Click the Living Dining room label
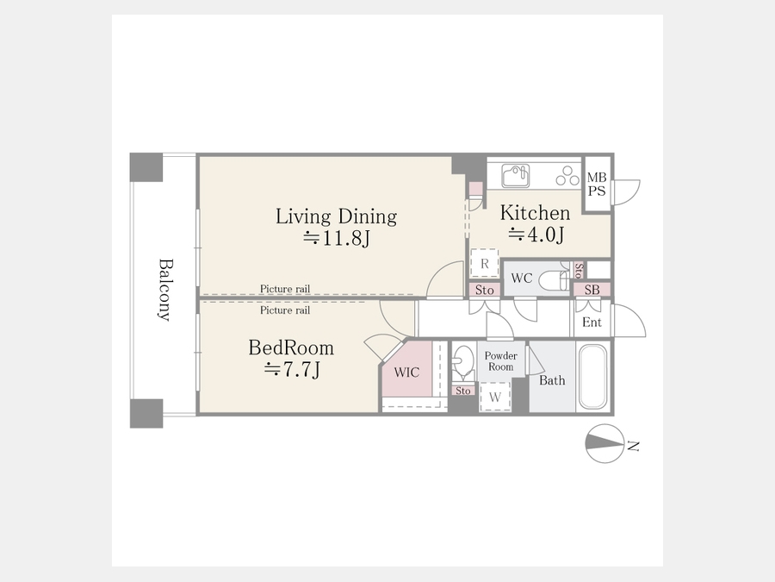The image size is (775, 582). (336, 216)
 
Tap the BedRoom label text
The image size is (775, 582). (291, 348)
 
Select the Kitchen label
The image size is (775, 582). (536, 213)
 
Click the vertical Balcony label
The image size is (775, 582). (165, 290)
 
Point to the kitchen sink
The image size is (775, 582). (516, 176)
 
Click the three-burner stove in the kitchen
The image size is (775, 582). (567, 176)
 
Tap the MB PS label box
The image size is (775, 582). (597, 185)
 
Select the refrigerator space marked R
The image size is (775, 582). (484, 263)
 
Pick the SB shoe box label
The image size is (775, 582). (592, 290)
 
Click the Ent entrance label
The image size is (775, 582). (592, 322)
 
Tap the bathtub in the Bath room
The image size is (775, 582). (592, 377)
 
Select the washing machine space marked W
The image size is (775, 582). (495, 397)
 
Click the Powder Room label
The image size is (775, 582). (500, 361)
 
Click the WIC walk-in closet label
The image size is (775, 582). (406, 372)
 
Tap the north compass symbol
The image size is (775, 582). (605, 444)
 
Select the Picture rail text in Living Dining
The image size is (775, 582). (285, 289)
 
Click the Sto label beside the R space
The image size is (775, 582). (484, 290)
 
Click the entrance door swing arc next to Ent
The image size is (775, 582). (629, 321)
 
